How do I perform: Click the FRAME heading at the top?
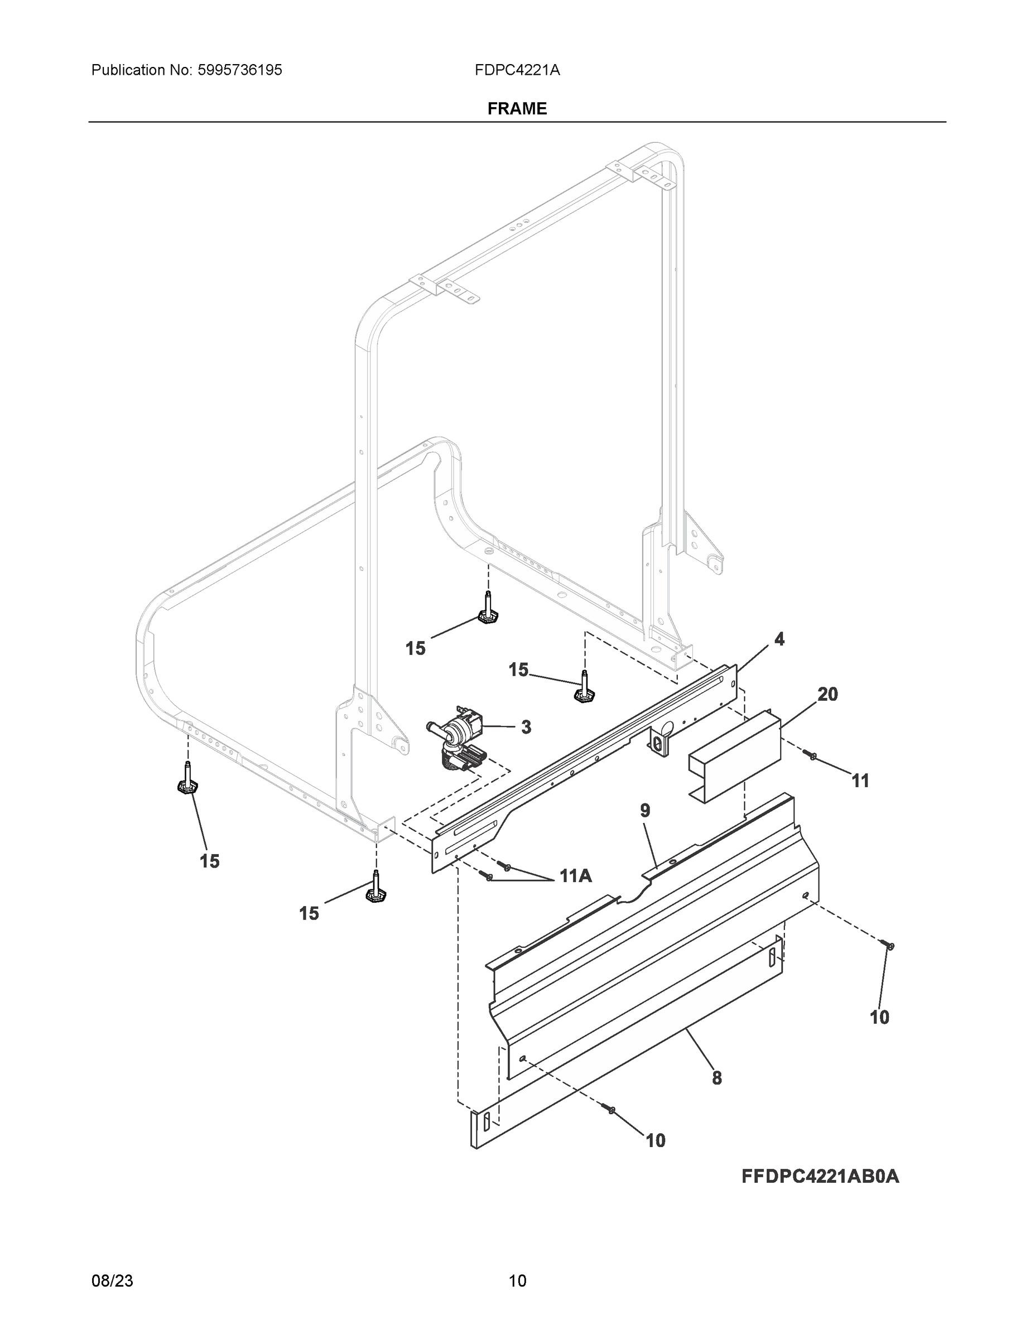click(x=517, y=109)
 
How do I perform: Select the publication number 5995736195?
click(x=240, y=70)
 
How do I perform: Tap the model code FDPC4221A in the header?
click(x=517, y=70)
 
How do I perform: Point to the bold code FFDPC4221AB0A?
click(x=820, y=1177)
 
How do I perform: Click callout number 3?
click(x=526, y=727)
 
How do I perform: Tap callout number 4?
click(x=779, y=639)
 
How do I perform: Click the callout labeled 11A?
click(x=576, y=876)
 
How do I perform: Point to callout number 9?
click(x=645, y=811)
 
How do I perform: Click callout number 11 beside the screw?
click(x=861, y=781)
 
